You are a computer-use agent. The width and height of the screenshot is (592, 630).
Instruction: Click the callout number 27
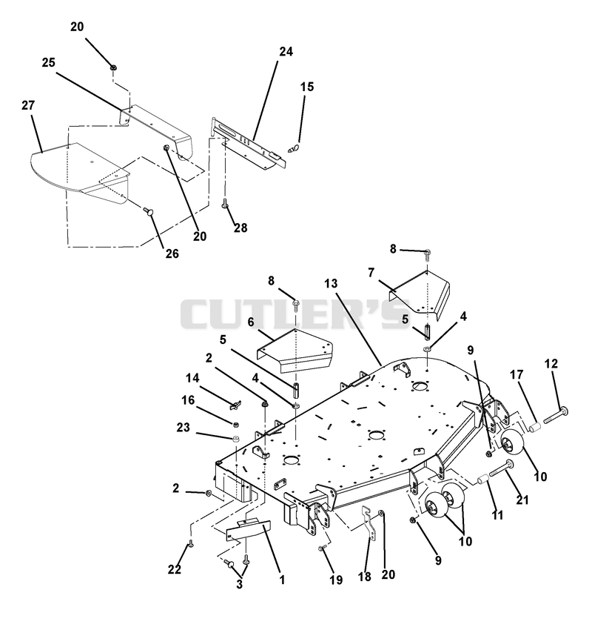pyautogui.click(x=28, y=105)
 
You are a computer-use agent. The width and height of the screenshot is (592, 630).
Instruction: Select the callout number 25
pyautogui.click(x=49, y=63)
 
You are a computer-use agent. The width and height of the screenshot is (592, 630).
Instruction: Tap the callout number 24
pyautogui.click(x=286, y=51)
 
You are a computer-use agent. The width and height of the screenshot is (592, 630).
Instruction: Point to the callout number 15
pyautogui.click(x=307, y=87)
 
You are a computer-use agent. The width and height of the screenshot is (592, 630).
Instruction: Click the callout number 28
pyautogui.click(x=240, y=228)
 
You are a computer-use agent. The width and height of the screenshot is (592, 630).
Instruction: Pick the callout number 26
pyautogui.click(x=172, y=253)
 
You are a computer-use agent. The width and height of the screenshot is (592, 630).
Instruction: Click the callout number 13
pyautogui.click(x=332, y=284)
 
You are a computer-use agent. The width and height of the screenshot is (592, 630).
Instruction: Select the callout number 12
pyautogui.click(x=551, y=364)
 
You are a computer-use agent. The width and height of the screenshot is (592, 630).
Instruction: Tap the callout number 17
pyautogui.click(x=517, y=374)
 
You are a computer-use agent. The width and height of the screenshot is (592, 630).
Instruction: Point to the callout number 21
pyautogui.click(x=522, y=500)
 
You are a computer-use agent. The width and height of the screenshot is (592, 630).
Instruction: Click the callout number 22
pyautogui.click(x=175, y=569)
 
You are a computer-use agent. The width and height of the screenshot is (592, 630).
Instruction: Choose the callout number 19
pyautogui.click(x=336, y=580)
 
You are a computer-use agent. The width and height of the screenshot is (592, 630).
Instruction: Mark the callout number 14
pyautogui.click(x=192, y=378)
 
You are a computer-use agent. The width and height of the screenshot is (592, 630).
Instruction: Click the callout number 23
pyautogui.click(x=184, y=427)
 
